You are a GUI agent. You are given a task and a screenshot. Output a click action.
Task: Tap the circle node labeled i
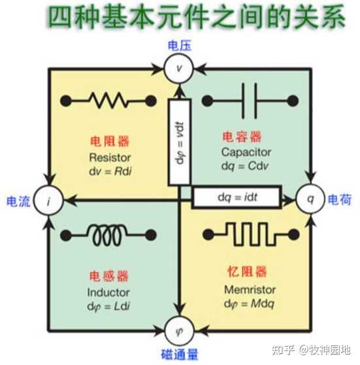pyautogui.click(x=48, y=198)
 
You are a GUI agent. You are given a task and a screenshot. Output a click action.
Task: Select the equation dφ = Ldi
pyautogui.click(x=108, y=305)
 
